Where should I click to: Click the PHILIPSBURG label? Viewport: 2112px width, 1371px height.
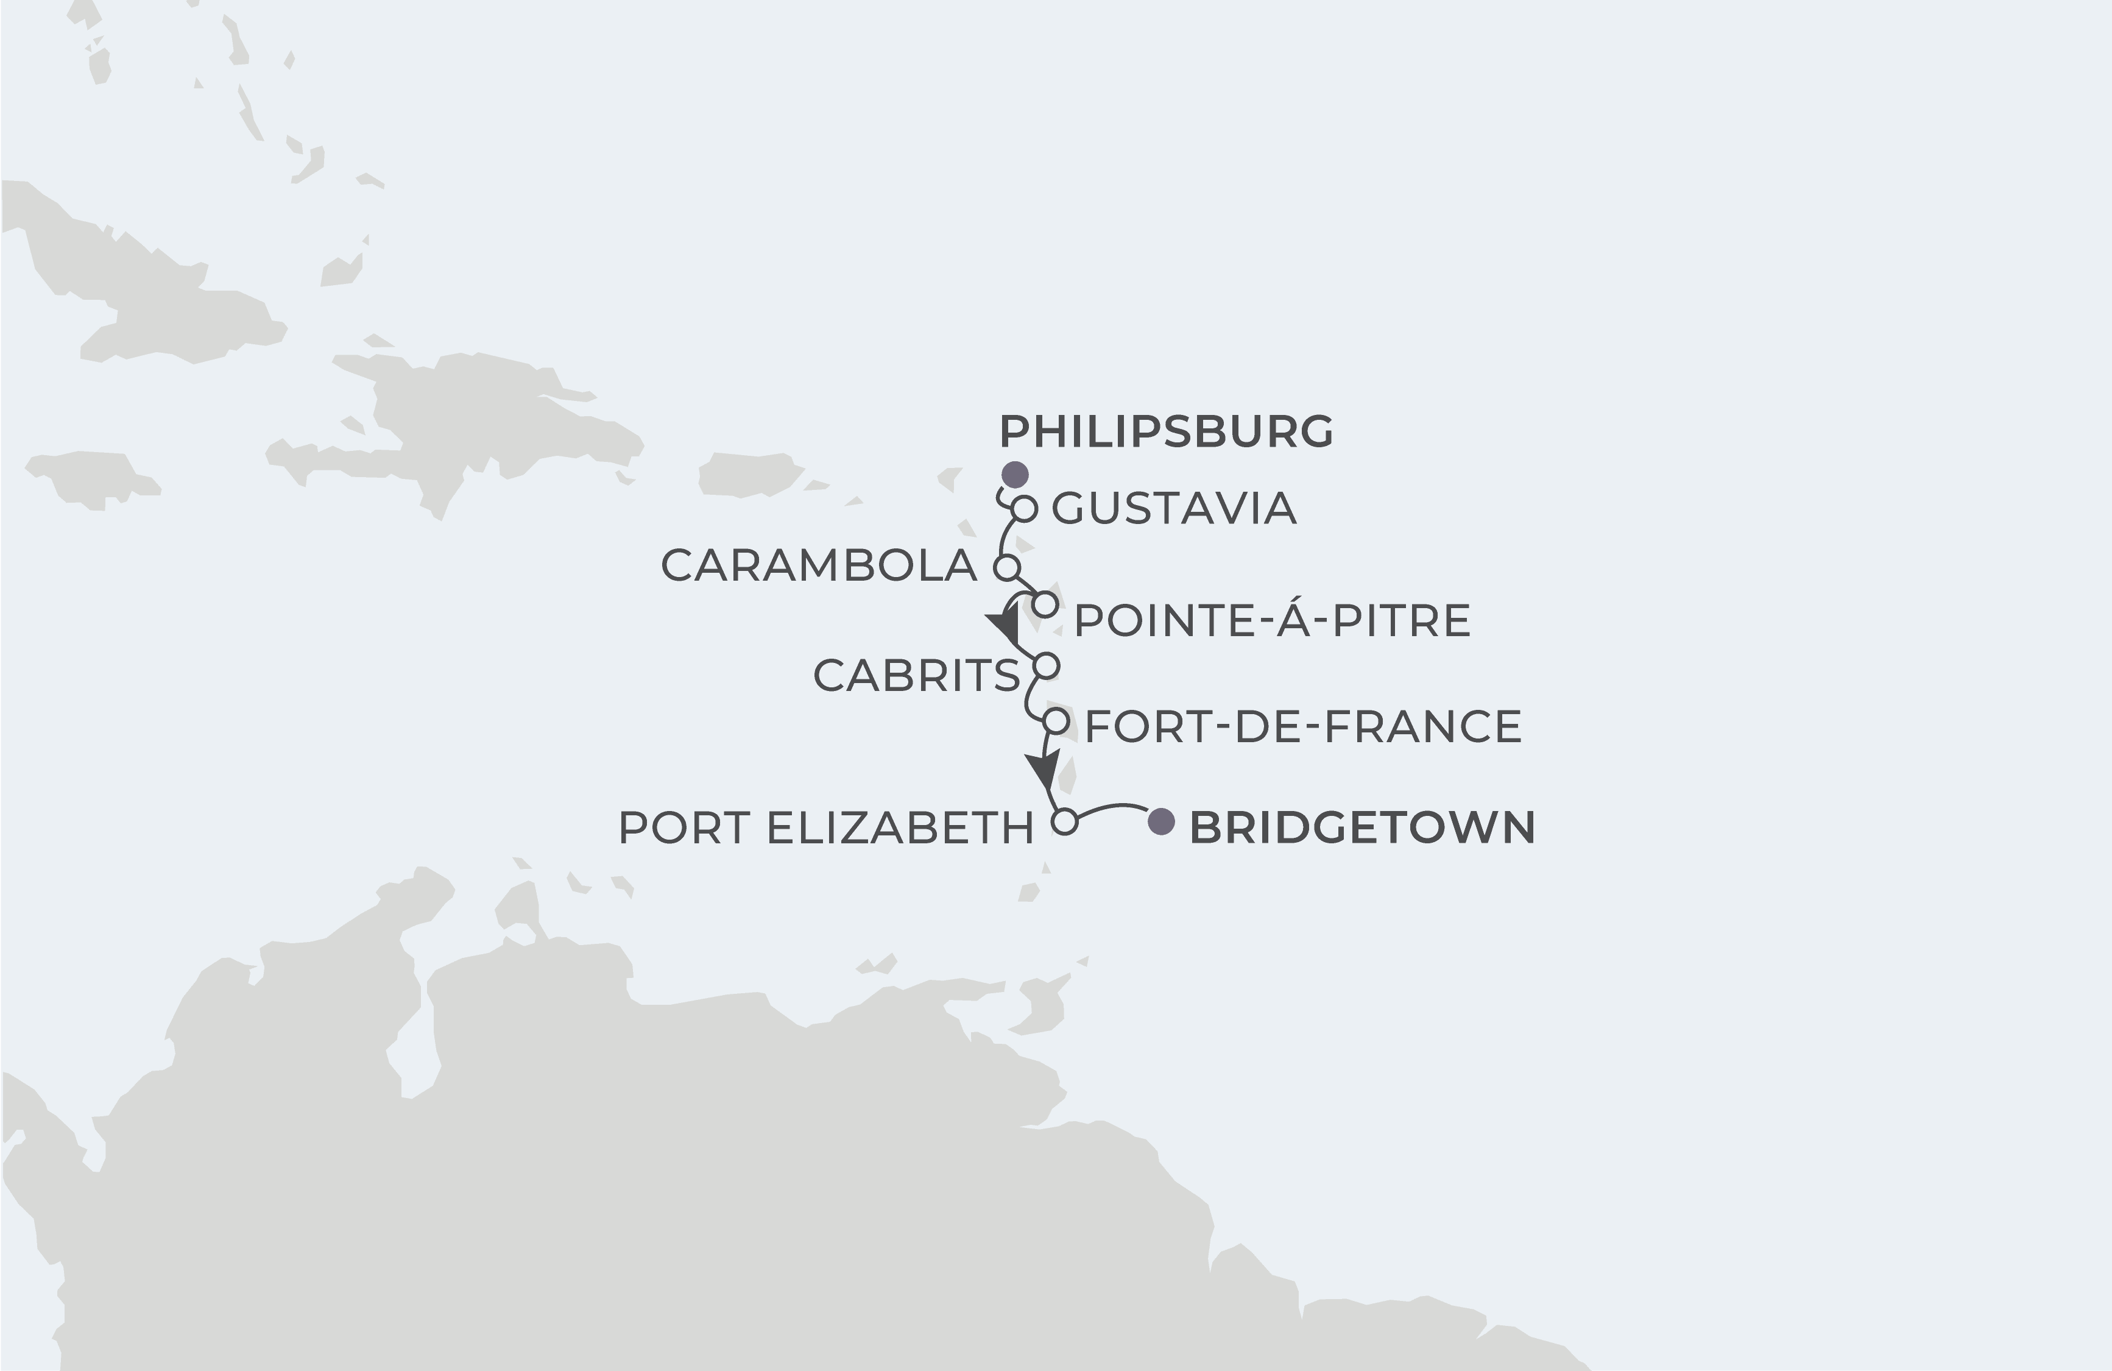(1166, 432)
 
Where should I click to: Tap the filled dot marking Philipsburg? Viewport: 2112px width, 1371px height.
(1014, 474)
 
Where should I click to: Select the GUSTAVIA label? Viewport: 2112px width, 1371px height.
(1174, 508)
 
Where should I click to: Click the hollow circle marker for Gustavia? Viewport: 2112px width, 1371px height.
(1025, 508)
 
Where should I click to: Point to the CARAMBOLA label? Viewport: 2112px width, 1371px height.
(818, 566)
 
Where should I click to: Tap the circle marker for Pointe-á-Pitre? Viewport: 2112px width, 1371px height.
(1046, 604)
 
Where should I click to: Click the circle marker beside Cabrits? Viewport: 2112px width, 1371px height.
(1047, 665)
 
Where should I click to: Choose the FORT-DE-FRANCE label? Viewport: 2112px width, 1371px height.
(1302, 726)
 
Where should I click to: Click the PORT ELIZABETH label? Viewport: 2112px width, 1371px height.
(826, 828)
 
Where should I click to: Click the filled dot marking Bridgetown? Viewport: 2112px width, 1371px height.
(1160, 822)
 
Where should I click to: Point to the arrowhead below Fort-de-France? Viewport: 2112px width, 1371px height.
(1044, 768)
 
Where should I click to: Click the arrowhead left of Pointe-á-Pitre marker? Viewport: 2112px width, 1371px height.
(1005, 626)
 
